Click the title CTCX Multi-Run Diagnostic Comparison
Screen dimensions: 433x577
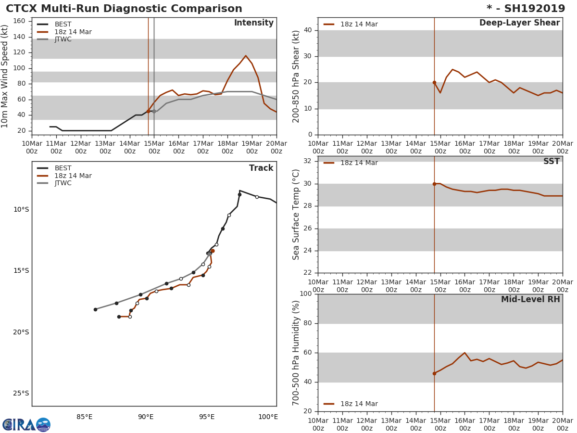click(x=124, y=9)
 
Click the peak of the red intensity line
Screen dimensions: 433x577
click(x=246, y=55)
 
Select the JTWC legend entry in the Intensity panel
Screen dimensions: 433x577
click(x=63, y=39)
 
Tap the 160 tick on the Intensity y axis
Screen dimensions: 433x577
click(x=20, y=21)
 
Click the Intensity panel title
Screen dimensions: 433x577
click(x=253, y=23)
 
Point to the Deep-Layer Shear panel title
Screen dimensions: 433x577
click(x=519, y=23)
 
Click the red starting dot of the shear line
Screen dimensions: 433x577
click(x=434, y=82)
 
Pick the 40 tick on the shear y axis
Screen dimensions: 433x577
click(x=307, y=30)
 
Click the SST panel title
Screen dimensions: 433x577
click(x=552, y=162)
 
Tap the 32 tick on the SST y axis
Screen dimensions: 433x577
click(x=307, y=161)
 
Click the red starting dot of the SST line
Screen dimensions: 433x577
click(x=434, y=184)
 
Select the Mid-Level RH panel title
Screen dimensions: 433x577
click(x=530, y=299)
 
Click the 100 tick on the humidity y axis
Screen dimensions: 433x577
click(x=305, y=294)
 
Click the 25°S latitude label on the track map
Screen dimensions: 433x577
click(x=21, y=393)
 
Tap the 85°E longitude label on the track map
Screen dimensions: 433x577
click(x=84, y=417)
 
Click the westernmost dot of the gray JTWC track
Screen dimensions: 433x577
click(x=95, y=309)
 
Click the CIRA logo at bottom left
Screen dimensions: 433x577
click(x=26, y=425)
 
